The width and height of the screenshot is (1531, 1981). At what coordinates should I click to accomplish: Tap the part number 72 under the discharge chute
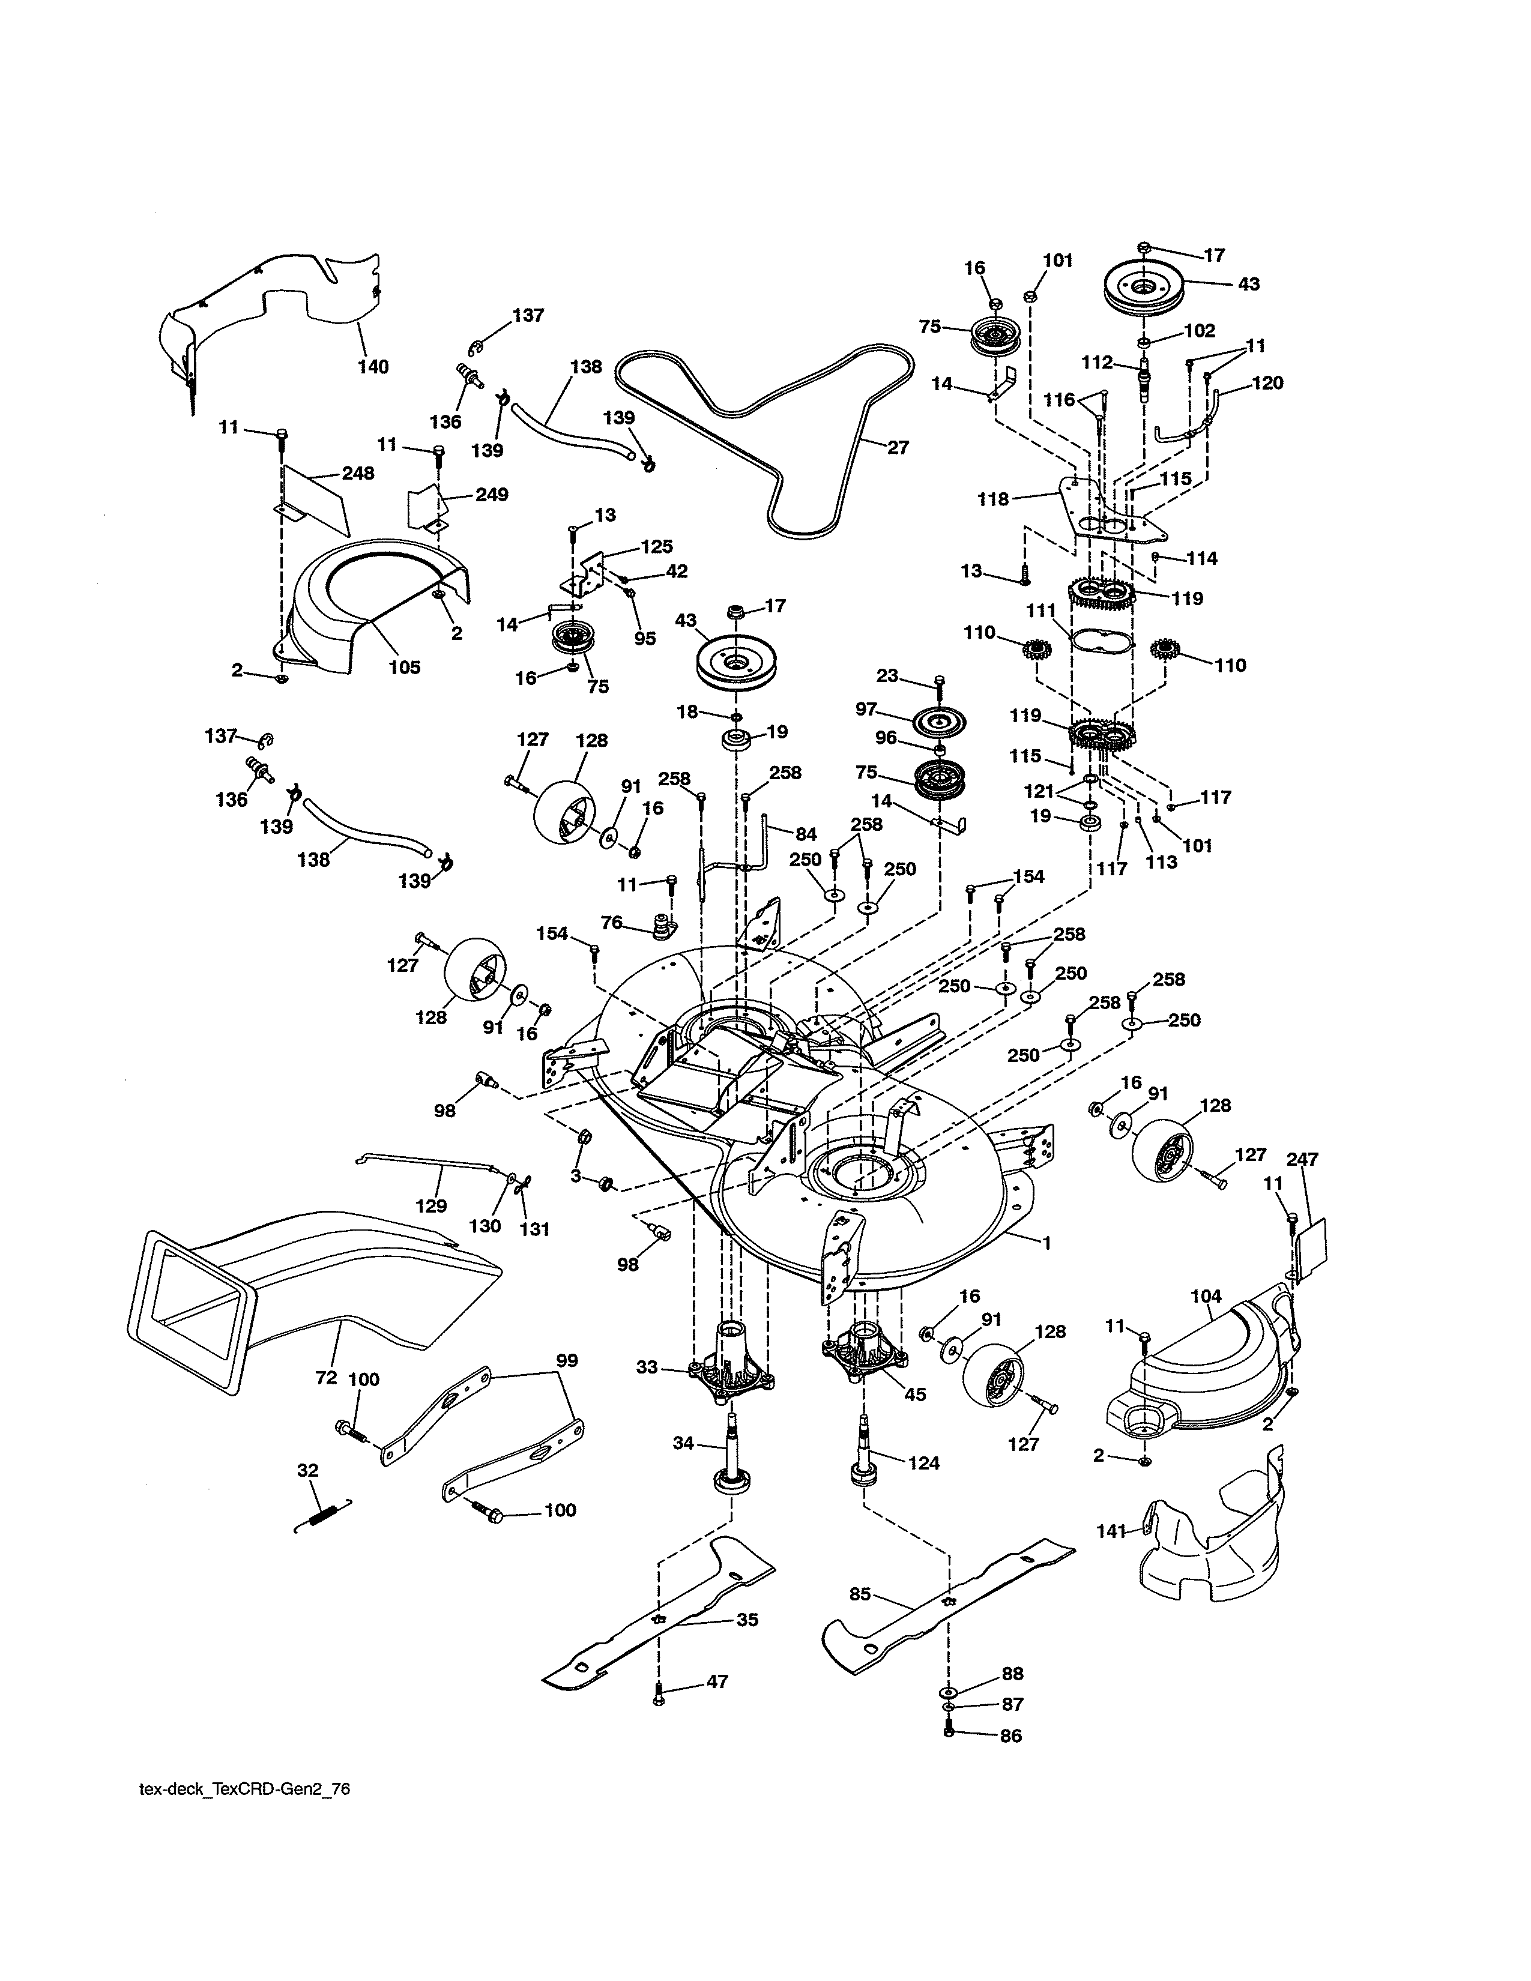pos(325,1378)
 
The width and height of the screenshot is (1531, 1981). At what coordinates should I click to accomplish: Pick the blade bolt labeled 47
pos(659,1693)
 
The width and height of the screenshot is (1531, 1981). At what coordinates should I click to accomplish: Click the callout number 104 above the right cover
pos(1206,1297)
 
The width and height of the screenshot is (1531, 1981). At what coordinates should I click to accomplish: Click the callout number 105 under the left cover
pos(405,668)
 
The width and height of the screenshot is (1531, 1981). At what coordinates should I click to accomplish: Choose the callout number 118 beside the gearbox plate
pos(993,499)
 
